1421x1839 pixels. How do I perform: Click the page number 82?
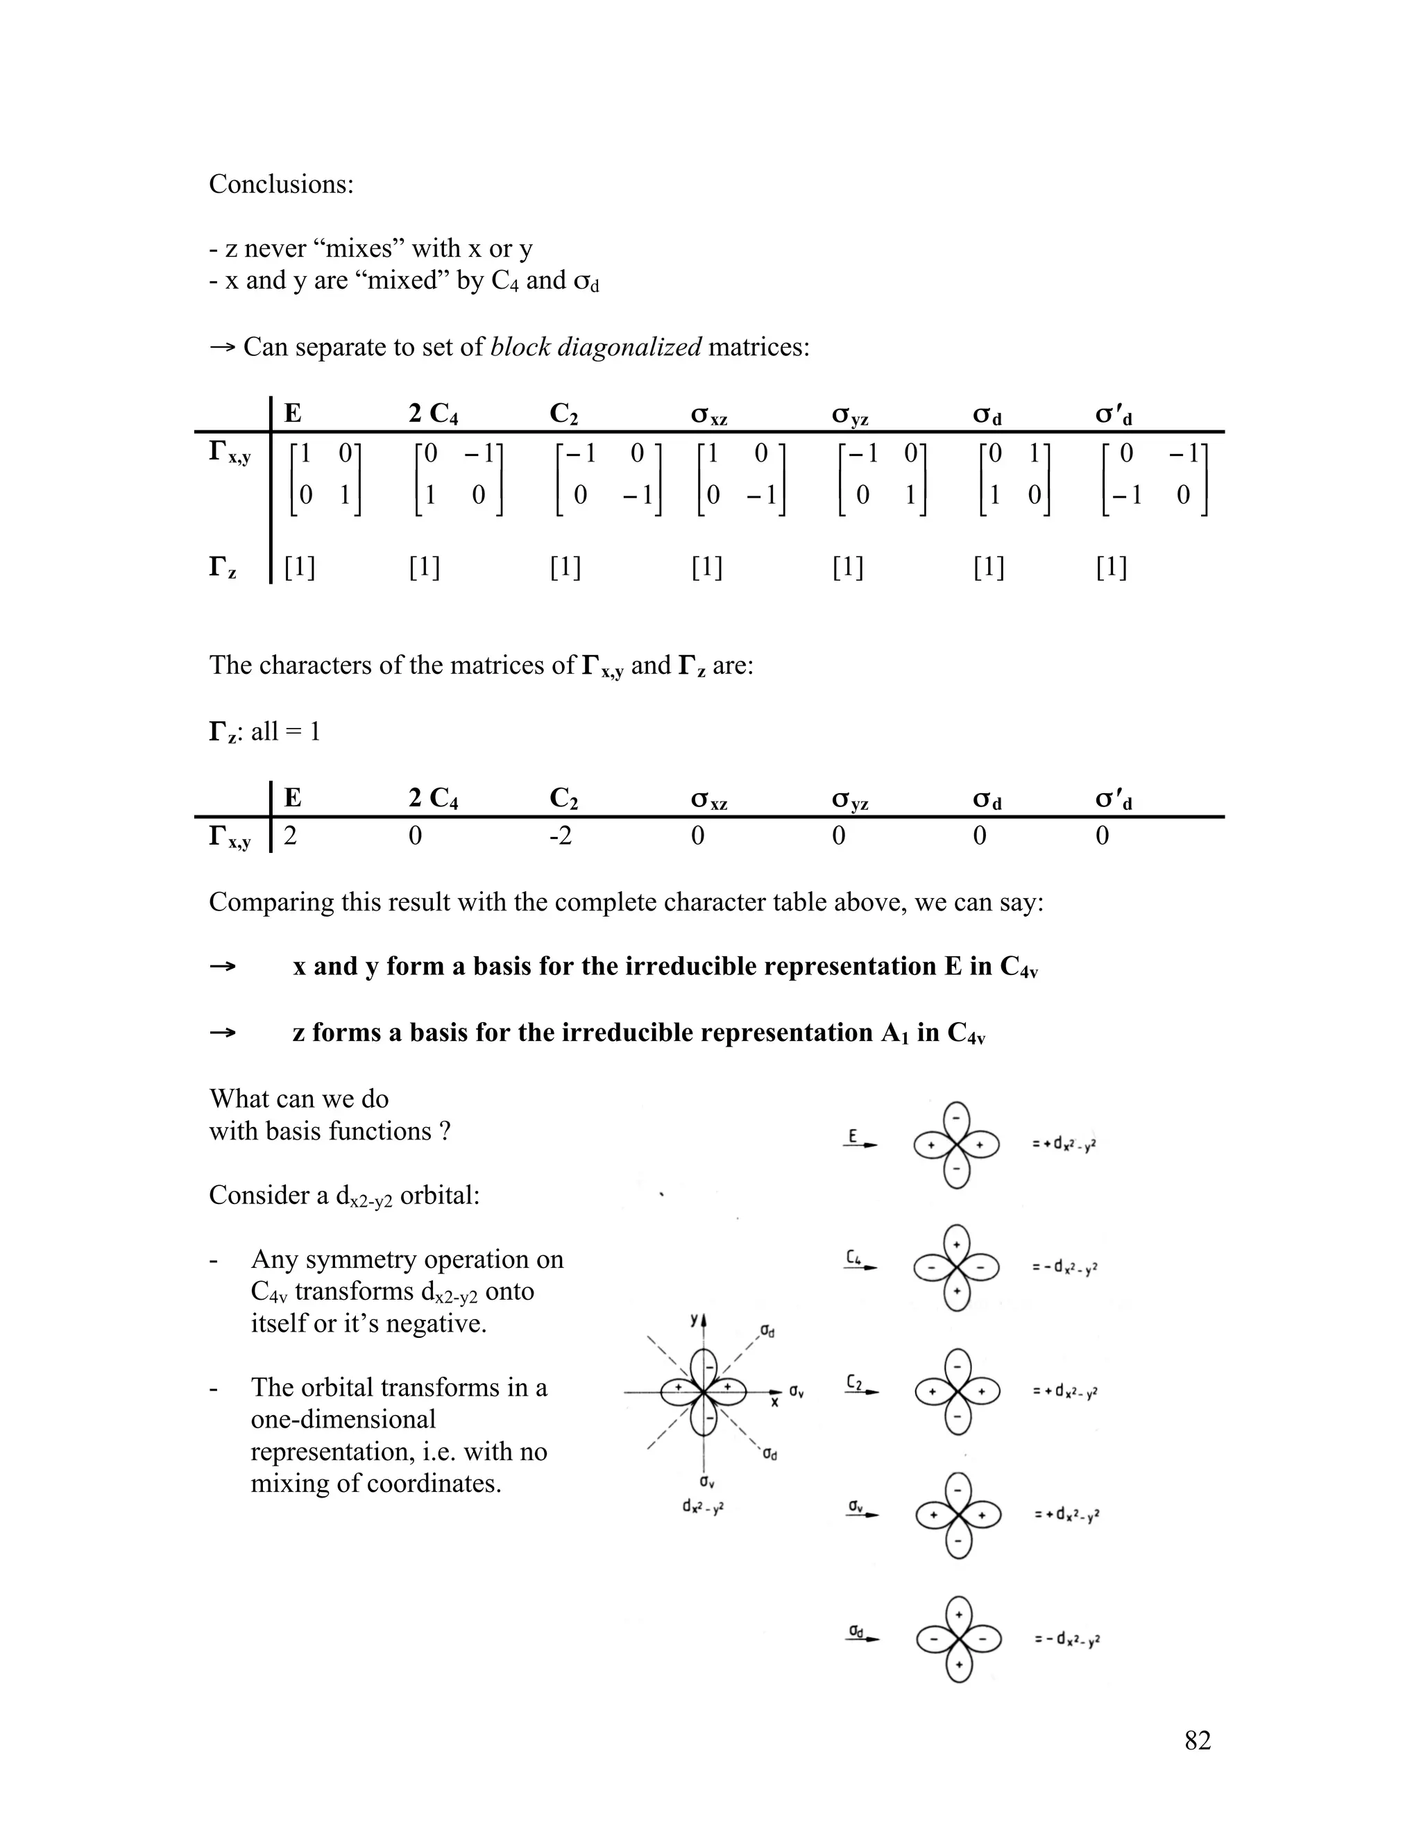pos(1197,1740)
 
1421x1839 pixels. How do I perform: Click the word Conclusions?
pos(281,185)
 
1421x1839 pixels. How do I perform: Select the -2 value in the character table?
pos(561,836)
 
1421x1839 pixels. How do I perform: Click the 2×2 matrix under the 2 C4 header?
pos(458,476)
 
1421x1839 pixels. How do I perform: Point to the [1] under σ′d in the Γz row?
pos(1112,568)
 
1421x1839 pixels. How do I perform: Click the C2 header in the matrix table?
pos(563,414)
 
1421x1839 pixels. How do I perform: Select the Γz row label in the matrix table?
pos(222,568)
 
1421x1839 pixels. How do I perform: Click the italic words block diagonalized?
pos(595,347)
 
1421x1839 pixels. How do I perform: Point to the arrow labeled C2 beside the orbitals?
pos(861,1386)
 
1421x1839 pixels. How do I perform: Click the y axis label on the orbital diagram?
pos(694,1319)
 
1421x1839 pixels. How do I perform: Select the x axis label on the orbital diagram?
pos(774,1402)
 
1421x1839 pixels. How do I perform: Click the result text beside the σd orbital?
pos(1066,1638)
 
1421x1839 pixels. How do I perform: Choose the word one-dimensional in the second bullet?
pos(343,1419)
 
